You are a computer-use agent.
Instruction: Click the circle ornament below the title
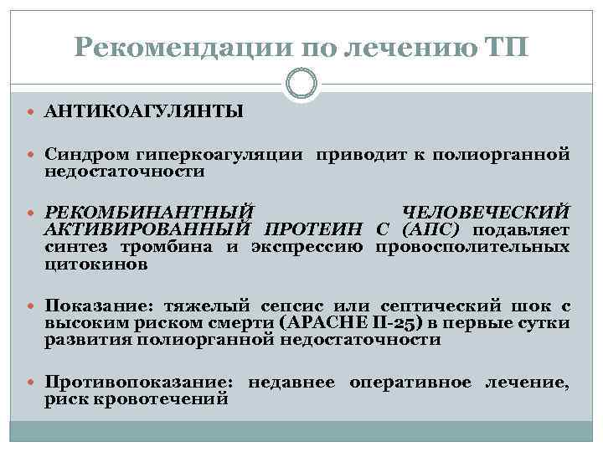pyautogui.click(x=301, y=84)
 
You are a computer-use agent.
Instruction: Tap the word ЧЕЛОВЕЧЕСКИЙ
pyautogui.click(x=487, y=213)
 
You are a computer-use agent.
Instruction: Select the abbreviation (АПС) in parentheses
pyautogui.click(x=434, y=230)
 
